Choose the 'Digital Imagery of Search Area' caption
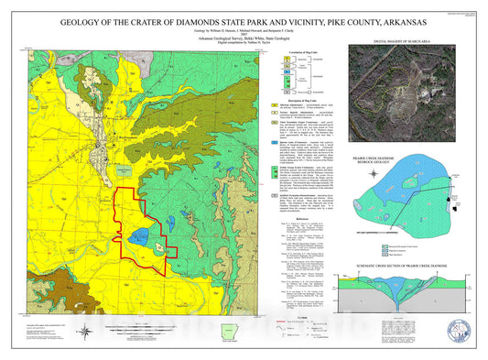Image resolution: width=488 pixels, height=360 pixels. tap(401, 41)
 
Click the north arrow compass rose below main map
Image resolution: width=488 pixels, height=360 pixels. tap(84, 332)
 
